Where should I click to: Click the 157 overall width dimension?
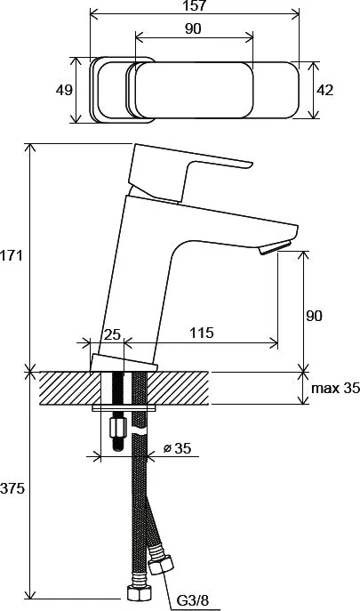(194, 5)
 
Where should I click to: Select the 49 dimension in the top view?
(64, 90)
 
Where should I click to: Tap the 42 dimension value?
(324, 90)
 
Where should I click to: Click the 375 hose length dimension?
(12, 488)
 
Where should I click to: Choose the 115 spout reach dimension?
(202, 333)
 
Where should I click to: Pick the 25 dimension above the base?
(113, 334)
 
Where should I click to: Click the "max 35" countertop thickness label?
(335, 388)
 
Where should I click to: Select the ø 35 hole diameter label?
(177, 448)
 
